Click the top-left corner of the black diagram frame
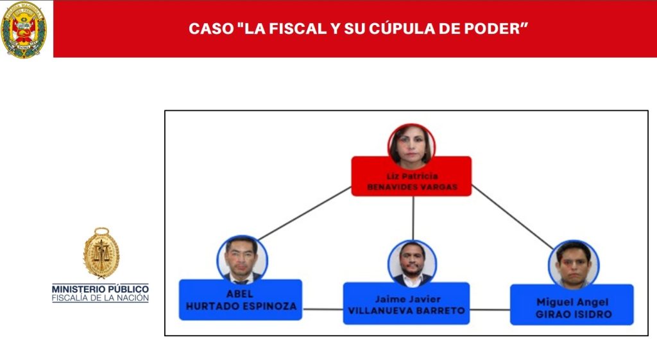tap(165, 110)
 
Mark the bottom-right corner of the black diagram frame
tap(648, 335)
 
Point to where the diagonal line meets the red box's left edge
tap(352, 187)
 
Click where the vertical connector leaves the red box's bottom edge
tap(413, 196)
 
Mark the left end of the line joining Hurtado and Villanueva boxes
tap(303, 309)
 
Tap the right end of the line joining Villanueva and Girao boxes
tap(510, 310)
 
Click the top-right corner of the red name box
tap(472, 157)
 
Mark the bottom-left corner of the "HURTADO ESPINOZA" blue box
tap(180, 320)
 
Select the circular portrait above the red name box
tap(411, 147)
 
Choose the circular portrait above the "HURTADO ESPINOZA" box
tap(242, 260)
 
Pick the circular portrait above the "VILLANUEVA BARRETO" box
tap(413, 264)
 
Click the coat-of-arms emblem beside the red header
tap(24, 30)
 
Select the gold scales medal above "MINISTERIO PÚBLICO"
tap(101, 253)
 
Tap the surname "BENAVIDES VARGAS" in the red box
tap(413, 187)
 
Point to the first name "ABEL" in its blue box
tap(240, 294)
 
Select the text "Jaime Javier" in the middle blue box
tap(407, 299)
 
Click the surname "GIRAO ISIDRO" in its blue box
tap(574, 314)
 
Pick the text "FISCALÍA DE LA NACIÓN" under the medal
tap(100, 298)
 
